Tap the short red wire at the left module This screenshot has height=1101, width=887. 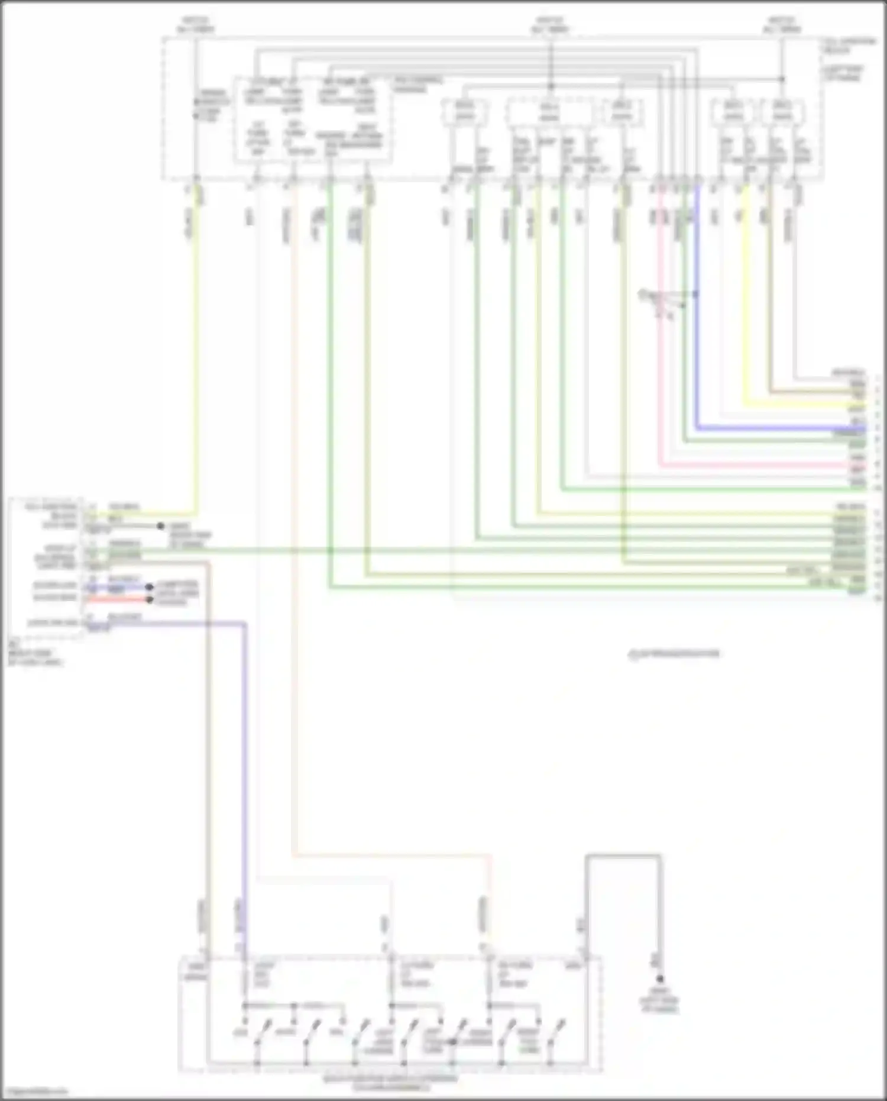point(118,599)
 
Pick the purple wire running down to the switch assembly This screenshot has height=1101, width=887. point(245,769)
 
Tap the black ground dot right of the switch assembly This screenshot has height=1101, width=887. point(660,979)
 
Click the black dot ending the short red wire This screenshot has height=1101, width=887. point(150,599)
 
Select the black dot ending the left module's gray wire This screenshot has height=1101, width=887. point(160,525)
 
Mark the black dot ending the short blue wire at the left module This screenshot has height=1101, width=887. point(150,587)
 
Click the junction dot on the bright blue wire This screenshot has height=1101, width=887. point(696,293)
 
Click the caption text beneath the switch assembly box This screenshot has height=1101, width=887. point(390,1083)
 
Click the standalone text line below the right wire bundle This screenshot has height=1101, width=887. point(674,654)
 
